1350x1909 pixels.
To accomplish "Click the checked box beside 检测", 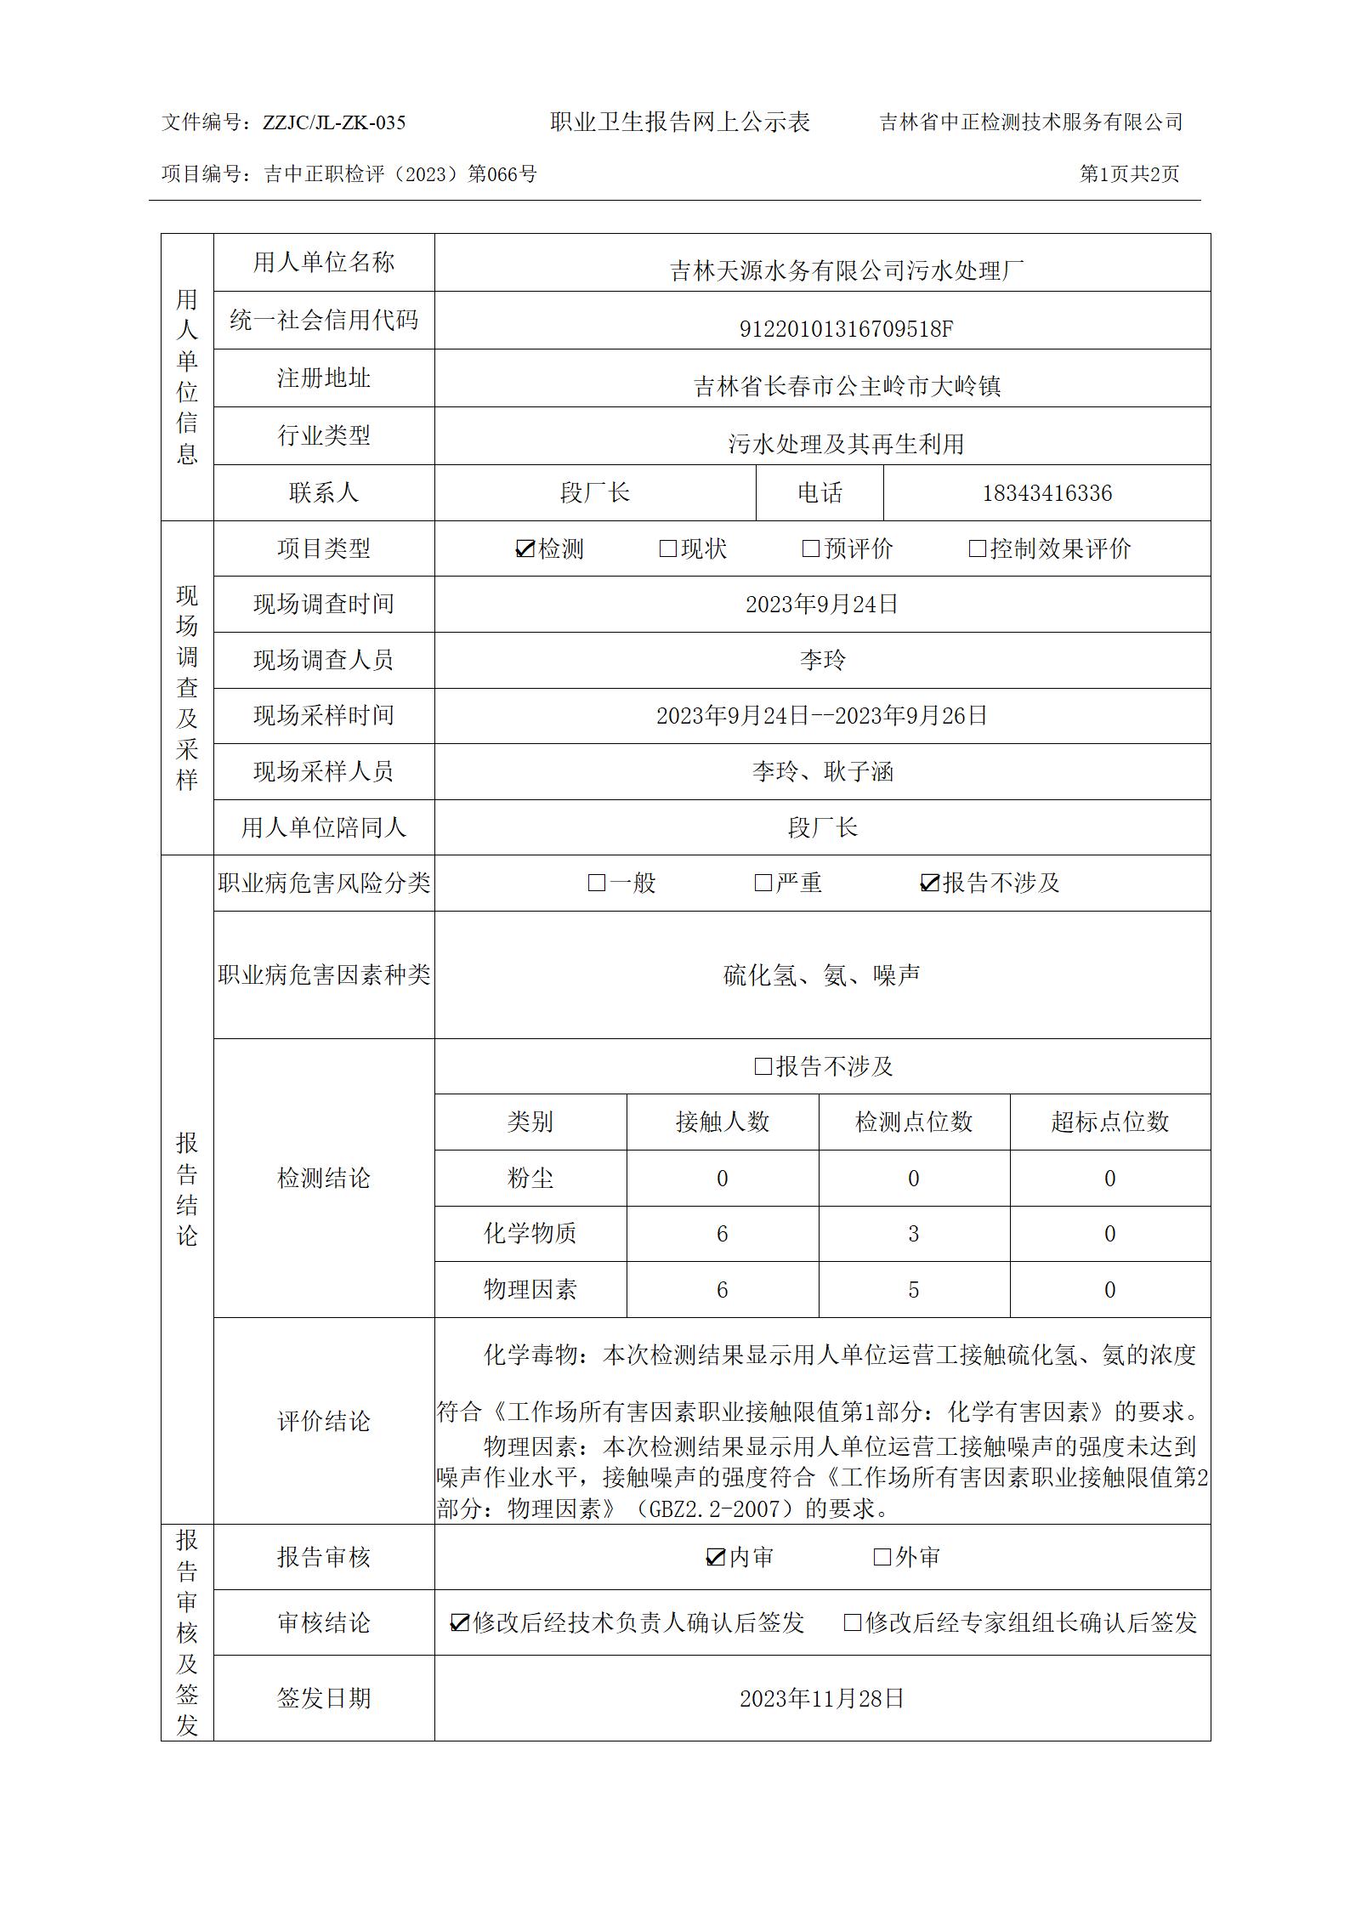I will click(x=525, y=549).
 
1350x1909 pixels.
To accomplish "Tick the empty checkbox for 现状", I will click(x=668, y=549).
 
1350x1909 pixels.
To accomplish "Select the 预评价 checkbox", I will click(x=811, y=549).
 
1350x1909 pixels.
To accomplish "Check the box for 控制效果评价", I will click(x=978, y=549).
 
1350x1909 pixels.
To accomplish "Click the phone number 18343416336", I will click(x=1047, y=493).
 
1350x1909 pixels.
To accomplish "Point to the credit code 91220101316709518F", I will click(x=846, y=329).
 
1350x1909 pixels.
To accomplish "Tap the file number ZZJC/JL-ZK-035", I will click(x=334, y=122).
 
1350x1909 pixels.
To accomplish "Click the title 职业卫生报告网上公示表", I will click(x=680, y=122).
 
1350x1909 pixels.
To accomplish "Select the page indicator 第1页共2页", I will click(x=1129, y=174).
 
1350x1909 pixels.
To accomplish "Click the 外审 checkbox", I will click(x=882, y=1557).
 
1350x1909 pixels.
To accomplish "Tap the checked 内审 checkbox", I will click(x=715, y=1557).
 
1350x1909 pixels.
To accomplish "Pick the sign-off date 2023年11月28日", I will click(x=822, y=1698).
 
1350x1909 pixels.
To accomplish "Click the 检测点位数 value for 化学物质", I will click(x=914, y=1234).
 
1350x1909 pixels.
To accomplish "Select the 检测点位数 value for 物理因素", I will click(x=914, y=1290).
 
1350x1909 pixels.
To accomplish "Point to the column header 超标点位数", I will click(x=1109, y=1122).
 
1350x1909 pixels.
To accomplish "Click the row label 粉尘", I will click(x=530, y=1179).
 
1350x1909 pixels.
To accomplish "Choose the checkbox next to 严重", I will click(x=763, y=883).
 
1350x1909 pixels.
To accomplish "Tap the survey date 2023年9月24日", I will click(x=822, y=605).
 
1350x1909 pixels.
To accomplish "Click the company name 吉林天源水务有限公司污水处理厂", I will click(x=846, y=271).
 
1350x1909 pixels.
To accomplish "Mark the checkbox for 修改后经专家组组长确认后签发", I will click(x=852, y=1622).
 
